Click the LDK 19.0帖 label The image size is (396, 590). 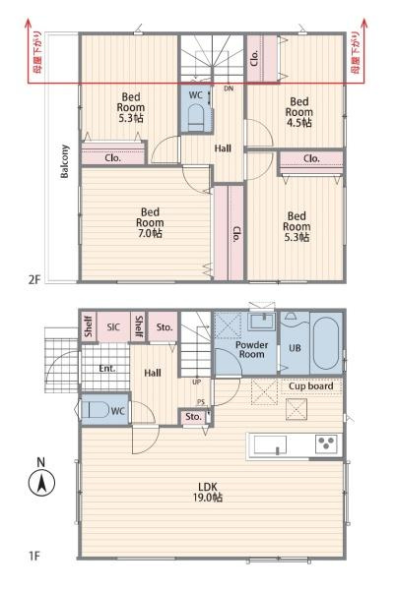point(208,493)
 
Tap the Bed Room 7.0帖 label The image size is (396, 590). point(150,222)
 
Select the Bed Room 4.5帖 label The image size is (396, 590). point(298,112)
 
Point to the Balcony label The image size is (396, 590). point(65,161)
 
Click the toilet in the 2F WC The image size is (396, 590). point(196,116)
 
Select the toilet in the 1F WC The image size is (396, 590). point(95,409)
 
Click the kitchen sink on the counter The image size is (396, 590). point(270,444)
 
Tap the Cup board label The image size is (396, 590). point(311,386)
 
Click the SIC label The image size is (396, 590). point(113,326)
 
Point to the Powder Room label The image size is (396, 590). point(252,349)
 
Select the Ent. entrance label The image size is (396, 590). point(107,369)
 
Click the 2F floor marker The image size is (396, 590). point(33,279)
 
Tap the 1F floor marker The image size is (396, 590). point(33,556)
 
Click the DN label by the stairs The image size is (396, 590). point(229,88)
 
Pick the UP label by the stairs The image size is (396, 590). point(196,382)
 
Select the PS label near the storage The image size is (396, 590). point(200,402)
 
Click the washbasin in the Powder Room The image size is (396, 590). point(262,321)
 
